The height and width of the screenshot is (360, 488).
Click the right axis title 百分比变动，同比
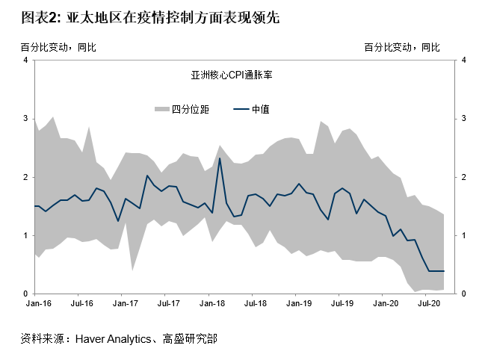point(402,47)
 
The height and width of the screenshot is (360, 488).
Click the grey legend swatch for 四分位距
point(161,109)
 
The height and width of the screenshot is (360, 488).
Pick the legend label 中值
point(261,109)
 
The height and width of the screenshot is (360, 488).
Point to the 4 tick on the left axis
point(26,60)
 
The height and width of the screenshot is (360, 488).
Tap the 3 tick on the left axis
point(26,119)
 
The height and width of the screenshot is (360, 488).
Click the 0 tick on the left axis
point(26,294)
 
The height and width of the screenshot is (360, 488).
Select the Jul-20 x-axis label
point(428,305)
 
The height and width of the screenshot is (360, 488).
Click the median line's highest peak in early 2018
point(219,158)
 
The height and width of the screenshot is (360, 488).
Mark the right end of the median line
point(444,271)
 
